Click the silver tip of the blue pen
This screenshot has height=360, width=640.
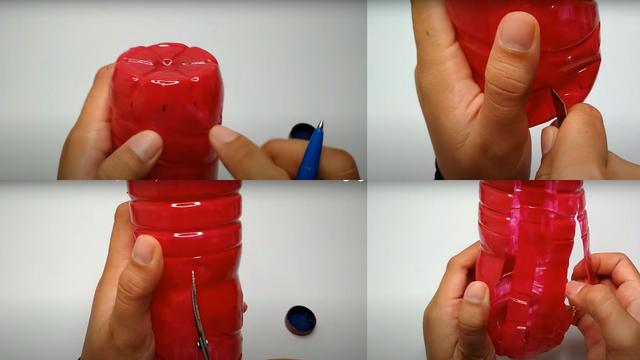pos(320,126)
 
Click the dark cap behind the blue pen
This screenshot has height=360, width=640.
pos(300,131)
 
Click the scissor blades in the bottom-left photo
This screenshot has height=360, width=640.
pos(198,320)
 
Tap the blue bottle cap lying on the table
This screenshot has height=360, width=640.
pos(300,320)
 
